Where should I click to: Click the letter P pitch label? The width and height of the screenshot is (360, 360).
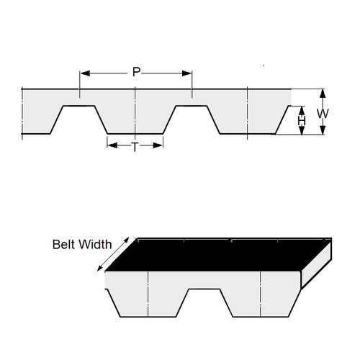(x=135, y=72)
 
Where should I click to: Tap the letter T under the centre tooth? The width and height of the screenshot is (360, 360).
(x=135, y=146)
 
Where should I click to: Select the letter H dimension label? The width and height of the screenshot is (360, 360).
(x=302, y=122)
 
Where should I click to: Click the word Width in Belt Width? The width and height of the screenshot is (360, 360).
(x=96, y=244)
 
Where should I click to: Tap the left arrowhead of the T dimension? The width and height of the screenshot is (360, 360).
(x=110, y=145)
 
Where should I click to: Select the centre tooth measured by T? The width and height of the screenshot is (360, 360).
(x=135, y=119)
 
